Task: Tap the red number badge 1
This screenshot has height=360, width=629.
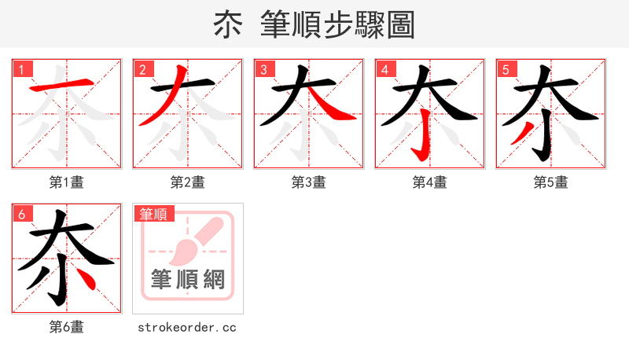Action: pos(22,69)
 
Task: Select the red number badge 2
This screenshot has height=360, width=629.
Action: pos(143,69)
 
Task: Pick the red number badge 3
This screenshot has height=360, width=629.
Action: pos(264,69)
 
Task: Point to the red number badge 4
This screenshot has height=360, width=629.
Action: pos(385,69)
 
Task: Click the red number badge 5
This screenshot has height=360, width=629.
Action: pos(506,69)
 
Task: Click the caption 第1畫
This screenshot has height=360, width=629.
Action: pos(67,182)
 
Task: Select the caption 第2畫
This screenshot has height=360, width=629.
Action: pos(188,182)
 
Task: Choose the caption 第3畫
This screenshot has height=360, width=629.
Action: pos(309,182)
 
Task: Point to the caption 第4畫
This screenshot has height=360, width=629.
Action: pos(430,182)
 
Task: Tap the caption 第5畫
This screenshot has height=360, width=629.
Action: pos(551,182)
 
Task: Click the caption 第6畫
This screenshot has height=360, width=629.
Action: pos(67,327)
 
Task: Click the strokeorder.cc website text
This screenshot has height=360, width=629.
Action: pos(187,327)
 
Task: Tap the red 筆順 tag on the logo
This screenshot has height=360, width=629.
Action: pos(155,214)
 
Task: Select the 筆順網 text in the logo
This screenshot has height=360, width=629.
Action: pos(188,280)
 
